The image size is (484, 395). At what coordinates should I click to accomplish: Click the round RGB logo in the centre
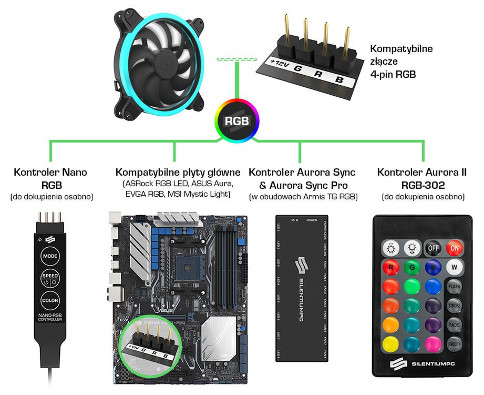coord(237,120)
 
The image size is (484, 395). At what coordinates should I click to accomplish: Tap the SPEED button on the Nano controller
coord(50,279)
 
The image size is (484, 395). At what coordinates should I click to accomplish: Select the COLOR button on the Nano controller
coord(50,301)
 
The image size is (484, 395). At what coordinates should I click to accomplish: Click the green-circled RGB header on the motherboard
coord(150,346)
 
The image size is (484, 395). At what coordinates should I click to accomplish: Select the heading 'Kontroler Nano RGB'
coord(50,178)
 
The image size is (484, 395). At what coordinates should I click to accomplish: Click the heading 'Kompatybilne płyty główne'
coord(178,173)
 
